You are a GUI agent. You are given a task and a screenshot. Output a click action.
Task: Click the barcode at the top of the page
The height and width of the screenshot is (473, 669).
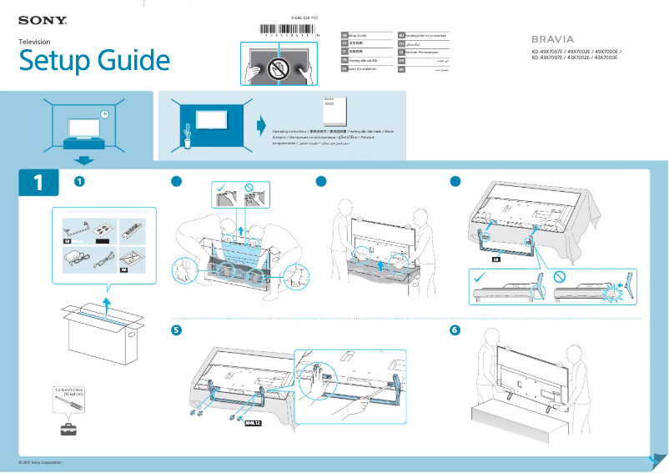click(291, 28)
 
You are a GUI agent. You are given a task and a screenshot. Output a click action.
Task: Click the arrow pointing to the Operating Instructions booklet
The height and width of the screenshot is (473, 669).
click(261, 126)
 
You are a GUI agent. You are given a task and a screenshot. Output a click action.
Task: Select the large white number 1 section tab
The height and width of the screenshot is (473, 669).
click(38, 183)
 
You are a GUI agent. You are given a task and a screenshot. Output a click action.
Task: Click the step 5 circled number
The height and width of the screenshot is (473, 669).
click(176, 330)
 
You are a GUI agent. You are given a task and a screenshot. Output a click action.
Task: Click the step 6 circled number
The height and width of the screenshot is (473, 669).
click(455, 330)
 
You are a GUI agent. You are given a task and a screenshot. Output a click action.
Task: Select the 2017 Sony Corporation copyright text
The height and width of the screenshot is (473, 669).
click(40, 462)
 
